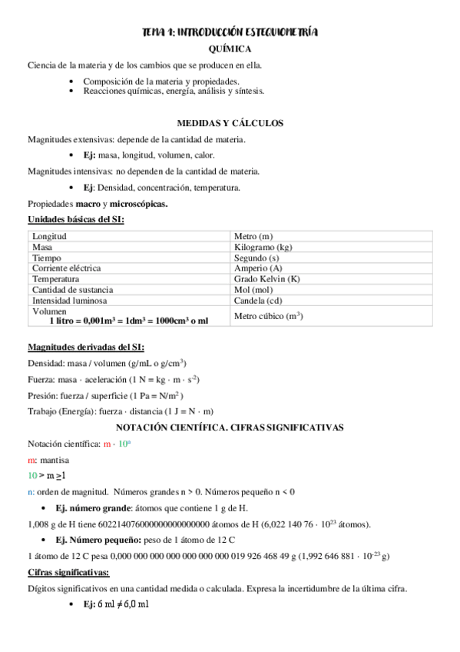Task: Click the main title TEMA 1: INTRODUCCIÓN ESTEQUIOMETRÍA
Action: (x=230, y=32)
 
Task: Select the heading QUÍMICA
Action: (x=230, y=48)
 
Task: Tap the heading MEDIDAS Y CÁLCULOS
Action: (x=230, y=123)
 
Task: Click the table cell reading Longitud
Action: (x=49, y=236)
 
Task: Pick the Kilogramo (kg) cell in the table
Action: (x=263, y=247)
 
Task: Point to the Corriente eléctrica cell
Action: (x=66, y=268)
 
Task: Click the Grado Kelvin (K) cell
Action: (x=266, y=279)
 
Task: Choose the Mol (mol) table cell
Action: (x=254, y=290)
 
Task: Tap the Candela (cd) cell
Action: (x=257, y=301)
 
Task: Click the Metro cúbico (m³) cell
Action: (x=268, y=316)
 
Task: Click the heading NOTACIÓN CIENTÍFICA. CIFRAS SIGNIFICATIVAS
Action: (x=230, y=427)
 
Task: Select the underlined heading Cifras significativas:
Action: (x=68, y=573)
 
